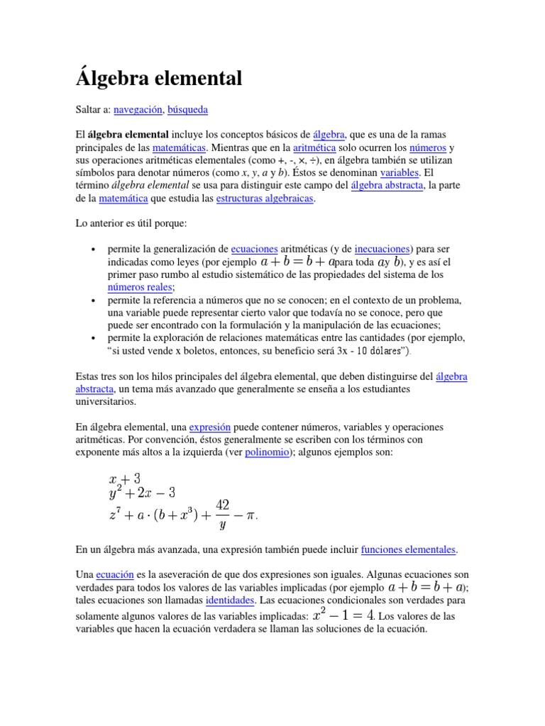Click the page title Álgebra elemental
pos(159,77)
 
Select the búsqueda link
pos(187,110)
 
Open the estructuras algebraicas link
pos(264,199)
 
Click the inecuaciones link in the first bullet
pos(382,250)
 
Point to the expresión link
pos(210,428)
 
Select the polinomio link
pos(265,452)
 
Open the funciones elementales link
pos(409,549)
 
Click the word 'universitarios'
pos(105,402)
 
